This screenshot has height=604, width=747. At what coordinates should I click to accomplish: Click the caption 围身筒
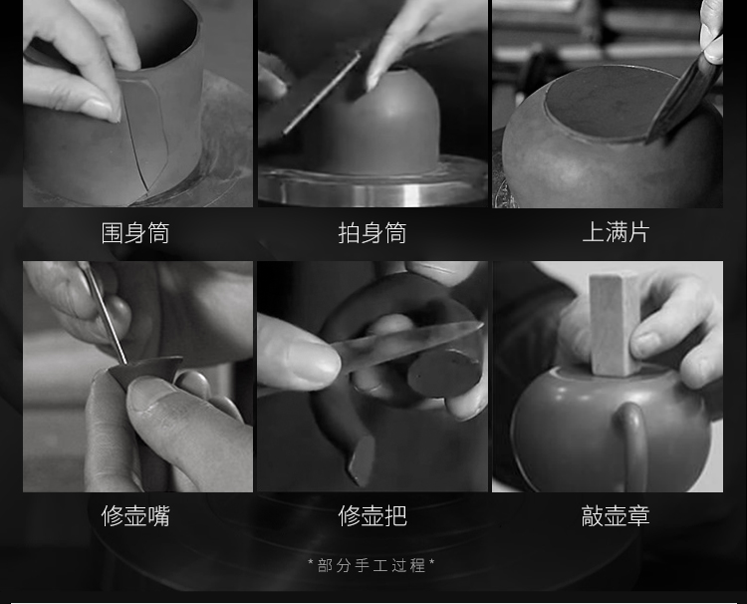click(135, 233)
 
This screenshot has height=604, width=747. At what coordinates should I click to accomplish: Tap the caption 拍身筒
click(373, 233)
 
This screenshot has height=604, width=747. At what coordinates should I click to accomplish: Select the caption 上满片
click(616, 232)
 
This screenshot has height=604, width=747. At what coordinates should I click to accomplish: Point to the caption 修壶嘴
click(135, 516)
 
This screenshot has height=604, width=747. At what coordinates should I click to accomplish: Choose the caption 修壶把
click(373, 516)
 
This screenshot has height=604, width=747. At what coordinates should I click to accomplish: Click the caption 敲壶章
click(616, 516)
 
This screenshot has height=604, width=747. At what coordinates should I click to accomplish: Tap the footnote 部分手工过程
click(372, 565)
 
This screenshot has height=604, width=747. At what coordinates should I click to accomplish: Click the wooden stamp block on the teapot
click(614, 324)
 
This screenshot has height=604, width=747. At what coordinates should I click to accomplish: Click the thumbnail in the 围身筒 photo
click(99, 108)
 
